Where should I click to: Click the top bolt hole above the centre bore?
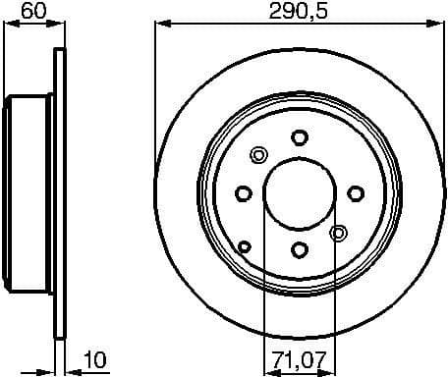click(301, 138)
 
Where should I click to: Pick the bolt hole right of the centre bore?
click(356, 191)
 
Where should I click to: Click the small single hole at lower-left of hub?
click(245, 245)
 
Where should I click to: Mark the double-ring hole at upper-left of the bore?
click(259, 154)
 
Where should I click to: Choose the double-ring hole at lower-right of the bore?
click(339, 233)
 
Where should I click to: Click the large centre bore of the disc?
click(301, 192)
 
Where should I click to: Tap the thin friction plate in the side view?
click(59, 191)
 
